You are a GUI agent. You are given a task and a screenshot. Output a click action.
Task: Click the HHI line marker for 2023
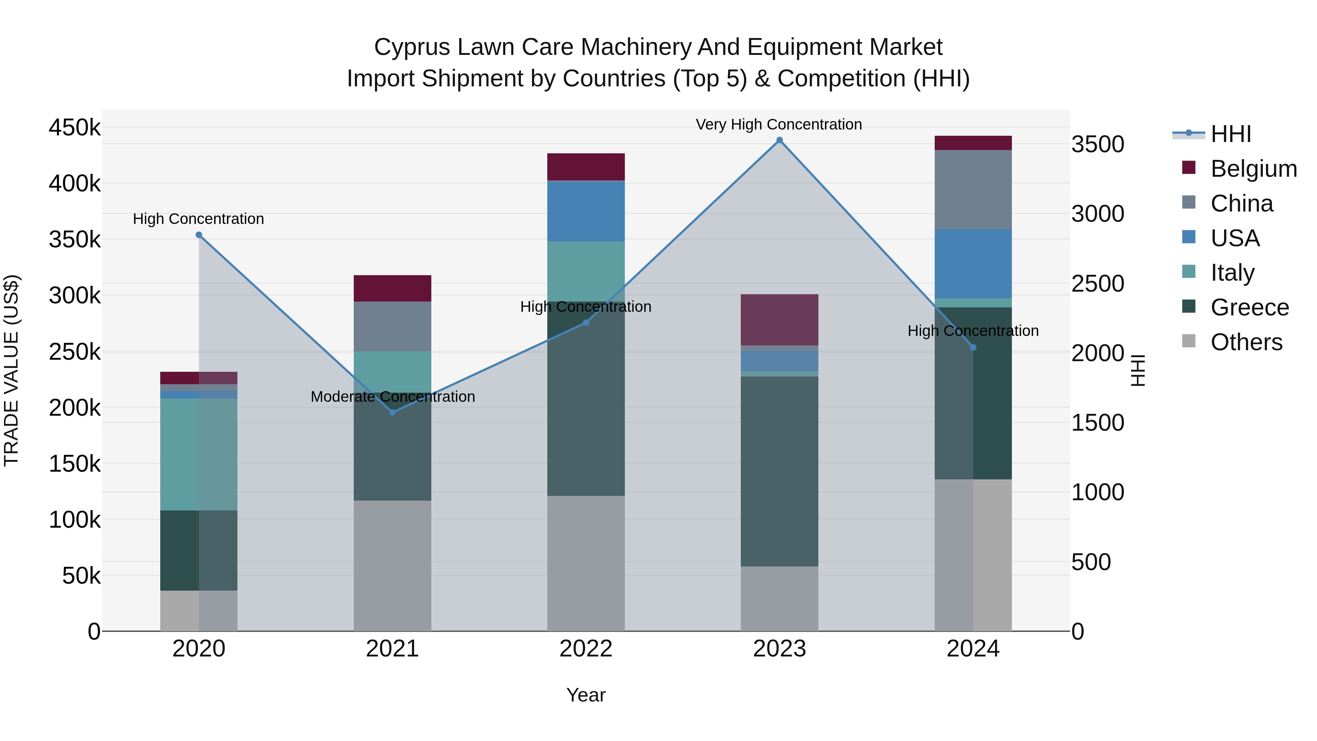(779, 140)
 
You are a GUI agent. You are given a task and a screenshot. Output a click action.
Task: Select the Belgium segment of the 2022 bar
(586, 167)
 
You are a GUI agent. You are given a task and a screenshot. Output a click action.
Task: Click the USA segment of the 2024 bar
(973, 263)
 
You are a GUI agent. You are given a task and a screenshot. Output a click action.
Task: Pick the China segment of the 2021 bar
(393, 326)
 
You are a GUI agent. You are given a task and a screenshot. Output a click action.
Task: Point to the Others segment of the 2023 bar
(779, 598)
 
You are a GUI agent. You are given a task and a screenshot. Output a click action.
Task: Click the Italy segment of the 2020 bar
(199, 454)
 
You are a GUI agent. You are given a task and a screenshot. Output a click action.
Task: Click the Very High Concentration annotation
(778, 124)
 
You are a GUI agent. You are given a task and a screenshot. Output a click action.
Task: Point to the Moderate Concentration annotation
(393, 397)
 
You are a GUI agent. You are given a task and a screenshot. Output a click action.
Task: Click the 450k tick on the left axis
(75, 127)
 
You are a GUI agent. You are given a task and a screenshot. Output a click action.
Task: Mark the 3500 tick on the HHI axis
(1097, 144)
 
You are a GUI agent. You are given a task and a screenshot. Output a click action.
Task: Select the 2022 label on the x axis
(586, 648)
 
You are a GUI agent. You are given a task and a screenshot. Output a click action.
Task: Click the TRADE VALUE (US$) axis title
(11, 370)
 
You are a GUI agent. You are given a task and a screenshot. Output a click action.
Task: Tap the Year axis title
(586, 695)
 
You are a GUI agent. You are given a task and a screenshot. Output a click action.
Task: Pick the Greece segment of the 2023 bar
(779, 471)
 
